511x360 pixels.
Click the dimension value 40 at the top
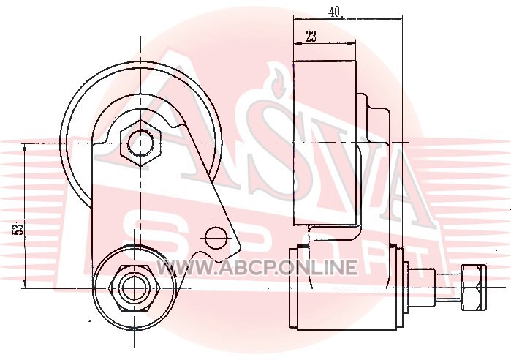click(x=336, y=12)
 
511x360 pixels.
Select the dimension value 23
click(x=311, y=36)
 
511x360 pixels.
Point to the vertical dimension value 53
click(x=18, y=229)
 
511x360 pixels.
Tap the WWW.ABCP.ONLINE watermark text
click(x=257, y=267)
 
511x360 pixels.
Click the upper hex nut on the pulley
click(x=140, y=143)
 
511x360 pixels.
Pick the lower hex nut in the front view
click(x=135, y=288)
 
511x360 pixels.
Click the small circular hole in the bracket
click(x=216, y=238)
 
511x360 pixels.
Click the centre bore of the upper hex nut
click(x=140, y=143)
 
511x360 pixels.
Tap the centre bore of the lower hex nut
click(x=135, y=288)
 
